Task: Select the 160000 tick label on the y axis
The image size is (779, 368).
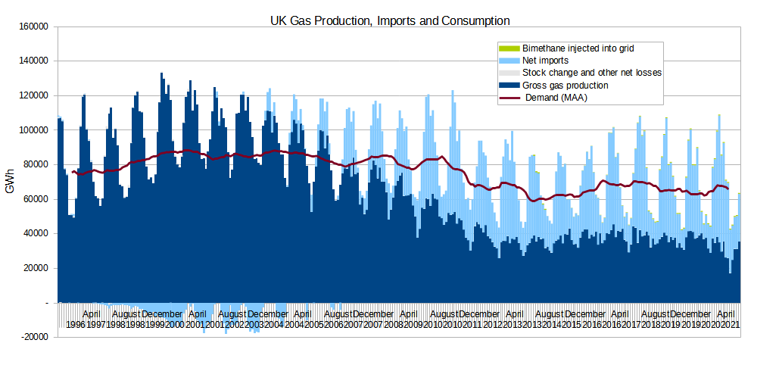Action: coord(34,27)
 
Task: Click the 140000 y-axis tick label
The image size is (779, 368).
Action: coord(34,61)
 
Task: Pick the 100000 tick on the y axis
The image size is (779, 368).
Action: coord(34,130)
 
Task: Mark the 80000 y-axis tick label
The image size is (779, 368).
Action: coord(36,164)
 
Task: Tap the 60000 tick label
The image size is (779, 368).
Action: coord(36,199)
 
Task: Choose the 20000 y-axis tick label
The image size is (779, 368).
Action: coord(36,268)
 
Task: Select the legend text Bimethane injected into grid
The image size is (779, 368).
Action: coord(578,48)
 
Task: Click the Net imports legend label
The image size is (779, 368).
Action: coord(545,60)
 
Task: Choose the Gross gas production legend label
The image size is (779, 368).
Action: coord(566,86)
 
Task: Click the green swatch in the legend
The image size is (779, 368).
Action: coord(506,48)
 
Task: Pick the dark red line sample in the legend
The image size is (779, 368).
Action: coord(506,98)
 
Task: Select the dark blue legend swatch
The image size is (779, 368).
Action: coord(506,86)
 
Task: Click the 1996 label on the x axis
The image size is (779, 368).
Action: coord(75,324)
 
